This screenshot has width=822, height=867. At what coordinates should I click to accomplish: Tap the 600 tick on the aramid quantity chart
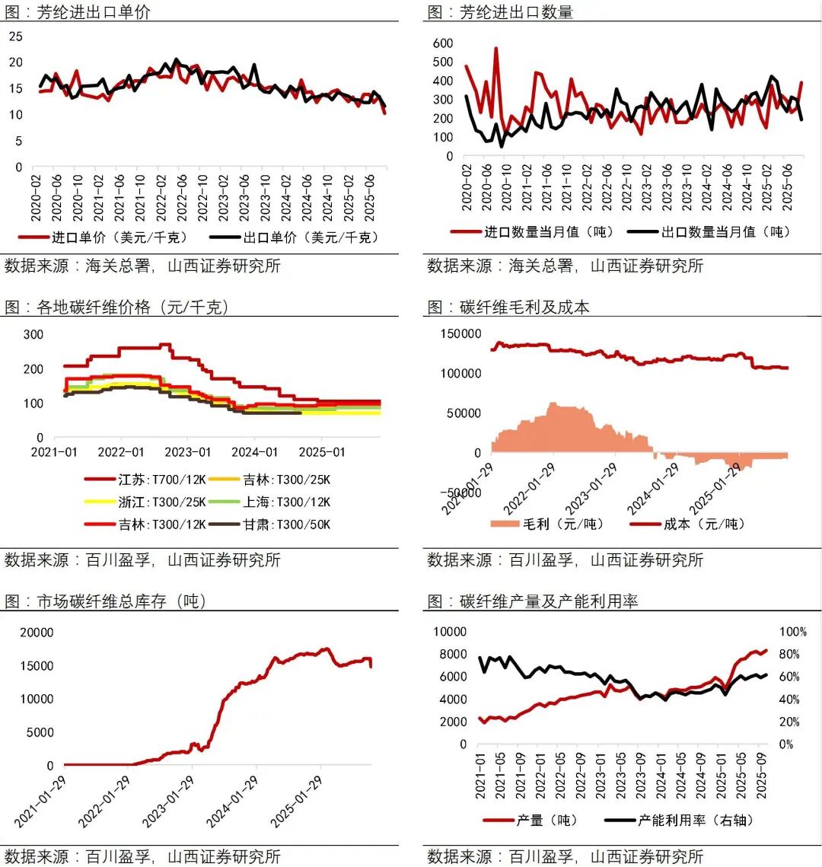tap(442, 43)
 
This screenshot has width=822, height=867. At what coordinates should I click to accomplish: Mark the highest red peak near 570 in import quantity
tap(495, 49)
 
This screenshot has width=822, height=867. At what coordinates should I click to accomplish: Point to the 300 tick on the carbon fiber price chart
tap(33, 334)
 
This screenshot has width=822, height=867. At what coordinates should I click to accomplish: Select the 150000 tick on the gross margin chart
tap(460, 333)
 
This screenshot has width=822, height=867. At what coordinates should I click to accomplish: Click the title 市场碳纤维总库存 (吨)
tap(122, 601)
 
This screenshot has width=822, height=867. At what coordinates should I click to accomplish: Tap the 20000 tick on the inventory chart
tap(37, 633)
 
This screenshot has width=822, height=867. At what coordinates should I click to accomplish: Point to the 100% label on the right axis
tap(792, 633)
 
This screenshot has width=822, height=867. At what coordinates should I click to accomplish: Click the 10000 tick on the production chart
tap(449, 632)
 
